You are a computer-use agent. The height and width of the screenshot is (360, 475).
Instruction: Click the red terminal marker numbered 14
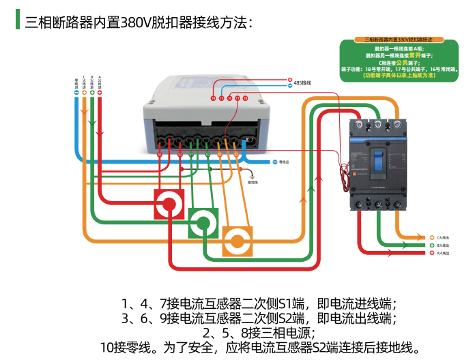pos(213,99)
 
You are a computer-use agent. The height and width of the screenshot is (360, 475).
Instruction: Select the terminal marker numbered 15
pos(221,99)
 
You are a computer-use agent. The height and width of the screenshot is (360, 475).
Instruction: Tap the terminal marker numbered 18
pos(245,99)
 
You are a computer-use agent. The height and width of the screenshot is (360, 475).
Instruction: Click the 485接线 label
pos(302,83)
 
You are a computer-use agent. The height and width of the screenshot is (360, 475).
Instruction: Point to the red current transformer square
pos(169,204)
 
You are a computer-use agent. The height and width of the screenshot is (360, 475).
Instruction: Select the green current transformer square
pos(203,222)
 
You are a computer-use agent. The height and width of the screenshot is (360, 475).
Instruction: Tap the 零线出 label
pos(285,162)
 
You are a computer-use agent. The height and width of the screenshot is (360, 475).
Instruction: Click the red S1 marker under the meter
pos(160,155)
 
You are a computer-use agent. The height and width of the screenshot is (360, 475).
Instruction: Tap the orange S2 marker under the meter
pos(236,155)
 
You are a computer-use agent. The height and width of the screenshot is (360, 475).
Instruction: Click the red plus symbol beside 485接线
pos(289,80)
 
